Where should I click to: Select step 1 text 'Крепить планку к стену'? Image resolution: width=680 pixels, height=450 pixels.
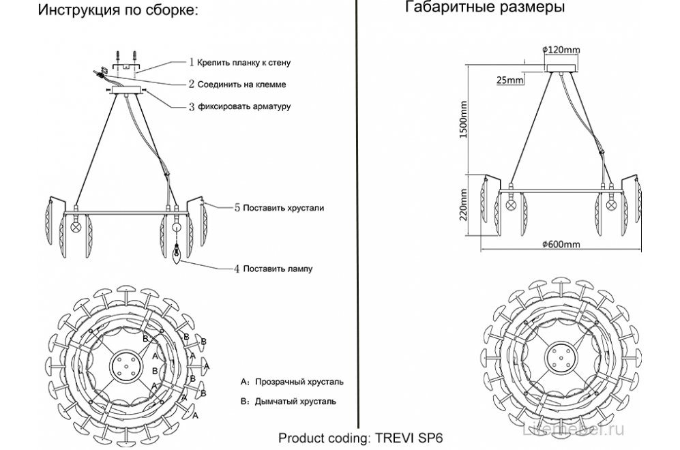[243, 62]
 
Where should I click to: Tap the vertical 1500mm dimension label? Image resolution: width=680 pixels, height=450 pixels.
[464, 121]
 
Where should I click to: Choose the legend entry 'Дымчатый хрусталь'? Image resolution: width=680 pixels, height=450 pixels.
[295, 402]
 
